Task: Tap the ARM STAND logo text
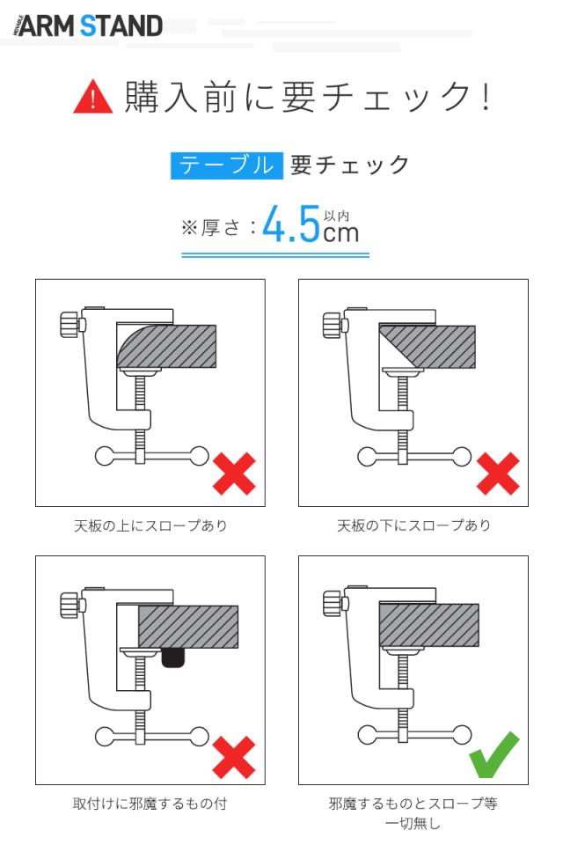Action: [x=89, y=26]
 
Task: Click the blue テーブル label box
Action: [x=226, y=165]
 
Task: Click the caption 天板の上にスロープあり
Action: [x=150, y=525]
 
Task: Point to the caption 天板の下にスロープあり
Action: [x=413, y=525]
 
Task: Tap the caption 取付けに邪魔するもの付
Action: [x=150, y=803]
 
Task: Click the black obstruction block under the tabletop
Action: [x=174, y=657]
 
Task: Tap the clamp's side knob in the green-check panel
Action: [x=332, y=605]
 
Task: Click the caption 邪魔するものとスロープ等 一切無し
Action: [x=413, y=813]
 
